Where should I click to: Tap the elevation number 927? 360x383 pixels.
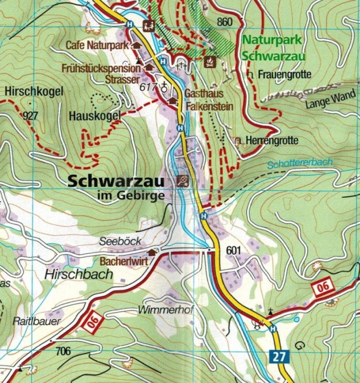pyautogui.click(x=31, y=115)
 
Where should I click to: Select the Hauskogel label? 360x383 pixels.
pyautogui.click(x=94, y=116)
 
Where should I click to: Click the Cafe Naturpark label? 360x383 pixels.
pyautogui.click(x=97, y=45)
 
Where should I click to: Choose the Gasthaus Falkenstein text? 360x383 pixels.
pyautogui.click(x=208, y=101)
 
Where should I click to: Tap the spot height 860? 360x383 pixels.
pyautogui.click(x=224, y=21)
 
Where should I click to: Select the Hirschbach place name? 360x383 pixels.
pyautogui.click(x=78, y=274)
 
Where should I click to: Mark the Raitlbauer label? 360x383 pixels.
pyautogui.click(x=36, y=321)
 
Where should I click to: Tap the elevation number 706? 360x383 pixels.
pyautogui.click(x=63, y=351)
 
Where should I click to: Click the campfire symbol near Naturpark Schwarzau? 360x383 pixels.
pyautogui.click(x=209, y=62)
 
